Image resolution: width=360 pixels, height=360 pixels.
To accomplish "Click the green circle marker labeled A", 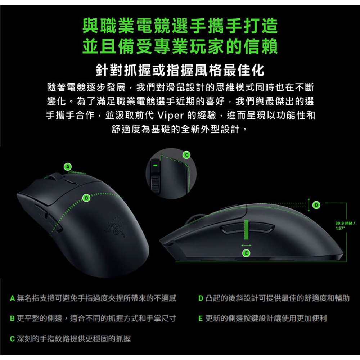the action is point(68,167).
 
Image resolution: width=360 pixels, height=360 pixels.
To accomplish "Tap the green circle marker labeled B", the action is point(86,198).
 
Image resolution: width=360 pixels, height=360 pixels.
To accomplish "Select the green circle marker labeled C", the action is point(186,155).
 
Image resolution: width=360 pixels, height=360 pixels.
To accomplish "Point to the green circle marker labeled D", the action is point(316,205).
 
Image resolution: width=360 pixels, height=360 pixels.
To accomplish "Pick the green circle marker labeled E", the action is point(246,253).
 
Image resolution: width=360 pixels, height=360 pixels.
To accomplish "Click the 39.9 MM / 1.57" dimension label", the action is point(345,225).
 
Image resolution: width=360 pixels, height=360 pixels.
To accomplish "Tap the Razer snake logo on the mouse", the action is point(115,226).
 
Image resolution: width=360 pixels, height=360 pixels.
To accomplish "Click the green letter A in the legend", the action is point(12,298).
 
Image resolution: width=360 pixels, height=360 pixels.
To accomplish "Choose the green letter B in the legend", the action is point(12,319).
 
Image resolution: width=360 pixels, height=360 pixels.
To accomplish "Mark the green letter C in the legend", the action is point(12,339).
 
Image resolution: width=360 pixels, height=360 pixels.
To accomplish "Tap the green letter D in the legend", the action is point(201,298).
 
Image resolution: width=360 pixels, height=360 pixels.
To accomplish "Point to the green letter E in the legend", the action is point(201,319).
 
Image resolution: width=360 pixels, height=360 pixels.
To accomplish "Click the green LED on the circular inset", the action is point(155,165).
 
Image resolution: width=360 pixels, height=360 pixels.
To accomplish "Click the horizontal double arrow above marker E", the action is point(246,246).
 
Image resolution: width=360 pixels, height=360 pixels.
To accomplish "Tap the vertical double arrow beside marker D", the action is point(309,205).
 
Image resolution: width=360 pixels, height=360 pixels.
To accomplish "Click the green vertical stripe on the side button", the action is point(246,229).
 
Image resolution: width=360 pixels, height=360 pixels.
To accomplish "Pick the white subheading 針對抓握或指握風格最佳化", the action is point(180,70).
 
